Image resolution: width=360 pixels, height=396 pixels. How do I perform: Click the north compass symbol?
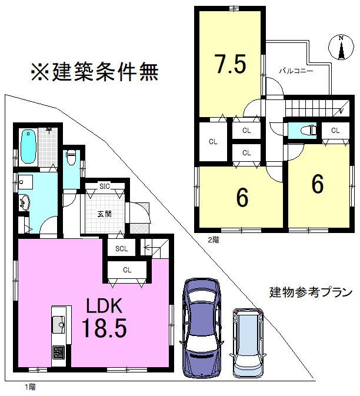[340, 48]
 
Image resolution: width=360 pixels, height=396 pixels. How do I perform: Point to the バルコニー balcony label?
[296, 70]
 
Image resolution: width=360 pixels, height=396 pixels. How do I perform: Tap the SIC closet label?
[105, 187]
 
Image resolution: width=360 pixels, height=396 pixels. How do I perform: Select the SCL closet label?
[121, 248]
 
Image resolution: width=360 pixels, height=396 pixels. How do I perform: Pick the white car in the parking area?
[249, 342]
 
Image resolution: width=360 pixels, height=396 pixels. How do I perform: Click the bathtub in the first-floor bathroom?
[28, 147]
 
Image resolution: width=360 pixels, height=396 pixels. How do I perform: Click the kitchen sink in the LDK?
[59, 324]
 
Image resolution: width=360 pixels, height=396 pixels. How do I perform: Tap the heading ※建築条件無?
[95, 72]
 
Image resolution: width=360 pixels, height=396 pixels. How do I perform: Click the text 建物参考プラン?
[311, 292]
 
